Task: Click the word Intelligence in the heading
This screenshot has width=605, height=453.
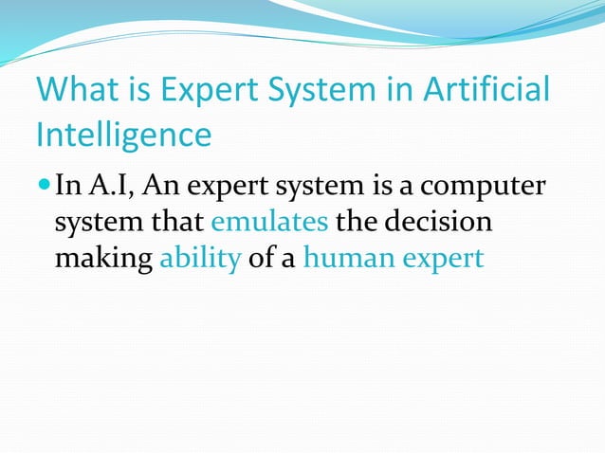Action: tap(123, 135)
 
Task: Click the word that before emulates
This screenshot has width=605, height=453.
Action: tap(177, 221)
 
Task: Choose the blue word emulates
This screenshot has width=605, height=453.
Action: tap(269, 221)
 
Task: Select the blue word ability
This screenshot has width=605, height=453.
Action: tap(200, 259)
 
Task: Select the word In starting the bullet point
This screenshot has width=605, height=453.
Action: tap(68, 184)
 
